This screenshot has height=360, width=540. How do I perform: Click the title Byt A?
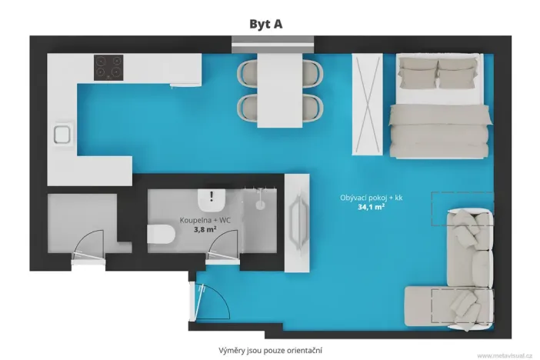266,24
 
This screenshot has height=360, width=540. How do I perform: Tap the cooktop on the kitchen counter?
108,68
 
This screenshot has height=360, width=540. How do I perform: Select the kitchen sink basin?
62,135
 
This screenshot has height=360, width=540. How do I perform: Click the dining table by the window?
280,90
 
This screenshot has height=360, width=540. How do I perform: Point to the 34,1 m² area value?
371,207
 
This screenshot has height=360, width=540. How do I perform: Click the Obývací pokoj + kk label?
372,198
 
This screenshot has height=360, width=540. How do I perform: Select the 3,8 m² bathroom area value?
205,229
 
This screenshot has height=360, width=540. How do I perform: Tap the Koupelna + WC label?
205,220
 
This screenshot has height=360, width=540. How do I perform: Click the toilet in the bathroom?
162,234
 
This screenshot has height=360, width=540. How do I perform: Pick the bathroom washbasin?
212,200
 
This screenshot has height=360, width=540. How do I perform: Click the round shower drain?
260,205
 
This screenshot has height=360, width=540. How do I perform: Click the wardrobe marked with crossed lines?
367,104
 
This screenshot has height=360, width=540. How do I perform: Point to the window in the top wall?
273,45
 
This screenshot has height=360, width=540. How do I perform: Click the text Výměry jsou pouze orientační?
270,351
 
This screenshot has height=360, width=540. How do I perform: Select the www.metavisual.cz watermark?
505,355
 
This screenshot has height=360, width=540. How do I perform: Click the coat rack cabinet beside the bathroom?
297,223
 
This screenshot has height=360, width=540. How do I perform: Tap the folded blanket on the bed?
439,132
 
